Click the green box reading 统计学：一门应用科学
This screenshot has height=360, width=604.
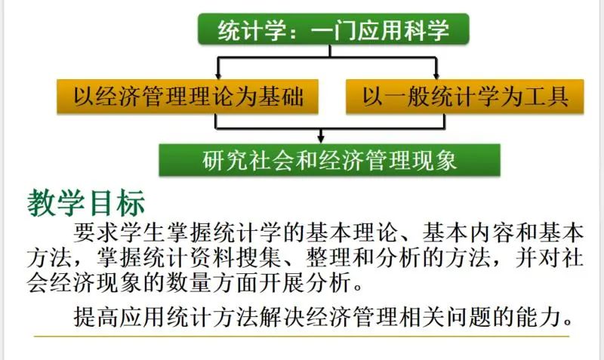333,30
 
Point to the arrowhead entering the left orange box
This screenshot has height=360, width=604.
217,75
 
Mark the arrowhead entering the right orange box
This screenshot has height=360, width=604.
436,75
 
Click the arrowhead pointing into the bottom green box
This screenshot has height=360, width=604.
322,138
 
